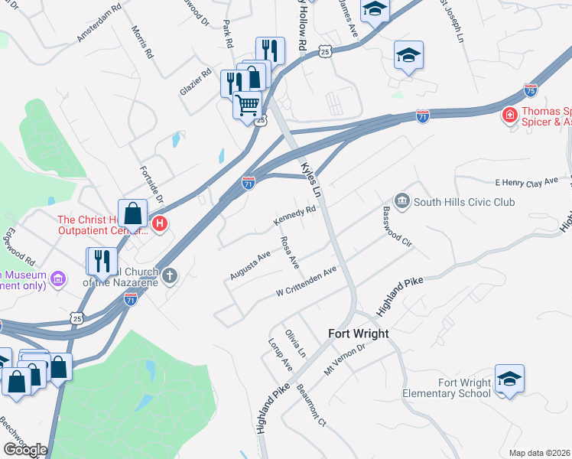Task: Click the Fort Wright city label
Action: click(x=358, y=334)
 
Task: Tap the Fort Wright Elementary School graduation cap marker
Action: click(x=509, y=379)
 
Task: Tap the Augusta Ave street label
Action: click(x=249, y=265)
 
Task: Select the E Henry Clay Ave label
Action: click(x=528, y=181)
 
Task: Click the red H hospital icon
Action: click(x=160, y=224)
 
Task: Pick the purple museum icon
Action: click(x=57, y=277)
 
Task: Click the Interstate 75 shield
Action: click(x=531, y=90)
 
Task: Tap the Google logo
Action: click(x=25, y=450)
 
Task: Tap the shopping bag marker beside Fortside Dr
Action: click(x=132, y=213)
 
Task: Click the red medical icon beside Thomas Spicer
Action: click(x=509, y=116)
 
